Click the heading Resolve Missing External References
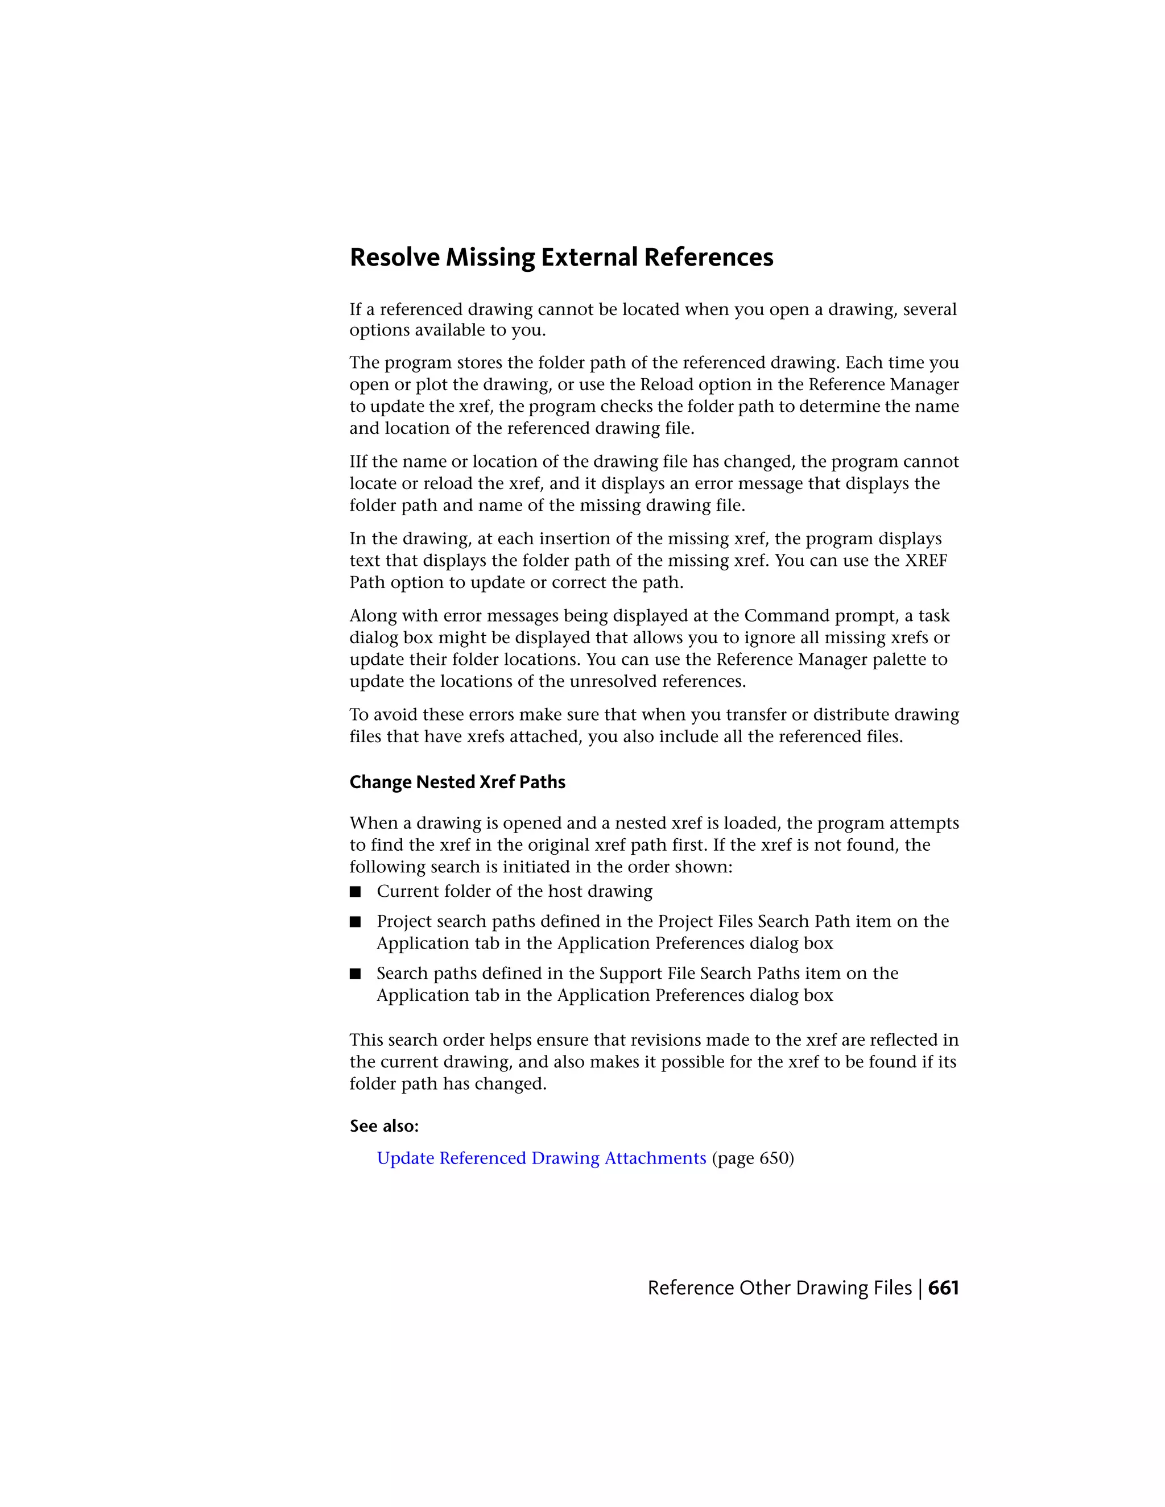click(x=561, y=258)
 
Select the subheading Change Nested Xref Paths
click(x=457, y=782)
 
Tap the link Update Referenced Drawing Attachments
click(x=541, y=1158)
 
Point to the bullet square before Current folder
click(x=356, y=892)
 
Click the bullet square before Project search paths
click(x=356, y=922)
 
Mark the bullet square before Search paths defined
click(x=356, y=974)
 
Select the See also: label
click(x=384, y=1126)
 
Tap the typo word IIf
click(x=359, y=462)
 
